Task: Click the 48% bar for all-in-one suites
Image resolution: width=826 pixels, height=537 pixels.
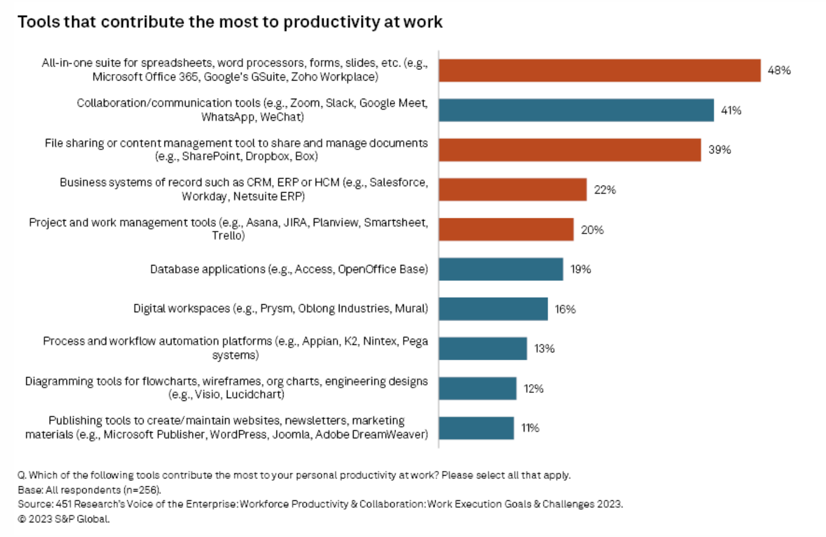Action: (600, 71)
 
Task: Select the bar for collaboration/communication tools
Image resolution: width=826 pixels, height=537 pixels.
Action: (576, 110)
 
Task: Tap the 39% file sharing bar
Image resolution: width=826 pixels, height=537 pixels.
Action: (570, 150)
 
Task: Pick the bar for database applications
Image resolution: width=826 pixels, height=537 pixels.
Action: (501, 269)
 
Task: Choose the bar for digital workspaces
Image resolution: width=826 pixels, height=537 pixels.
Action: (494, 309)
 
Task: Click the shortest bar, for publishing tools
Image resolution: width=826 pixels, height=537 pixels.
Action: (477, 428)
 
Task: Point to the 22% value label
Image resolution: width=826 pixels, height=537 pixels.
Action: (605, 190)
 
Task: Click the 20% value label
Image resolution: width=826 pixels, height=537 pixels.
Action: (592, 230)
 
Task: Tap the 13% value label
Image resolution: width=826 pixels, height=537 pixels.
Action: (544, 349)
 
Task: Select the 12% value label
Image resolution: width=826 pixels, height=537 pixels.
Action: (533, 389)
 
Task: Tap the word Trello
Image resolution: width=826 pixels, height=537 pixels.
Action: (228, 236)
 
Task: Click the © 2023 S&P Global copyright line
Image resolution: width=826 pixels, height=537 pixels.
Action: (64, 519)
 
